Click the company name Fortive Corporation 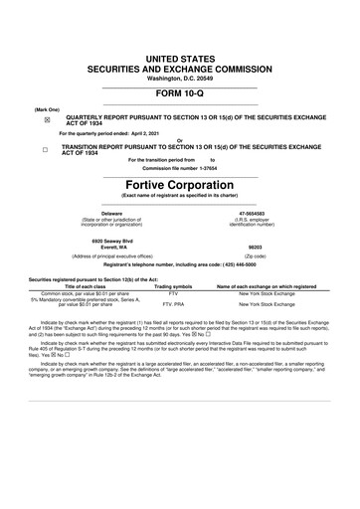click(x=179, y=184)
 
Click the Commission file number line click(x=179, y=167)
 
